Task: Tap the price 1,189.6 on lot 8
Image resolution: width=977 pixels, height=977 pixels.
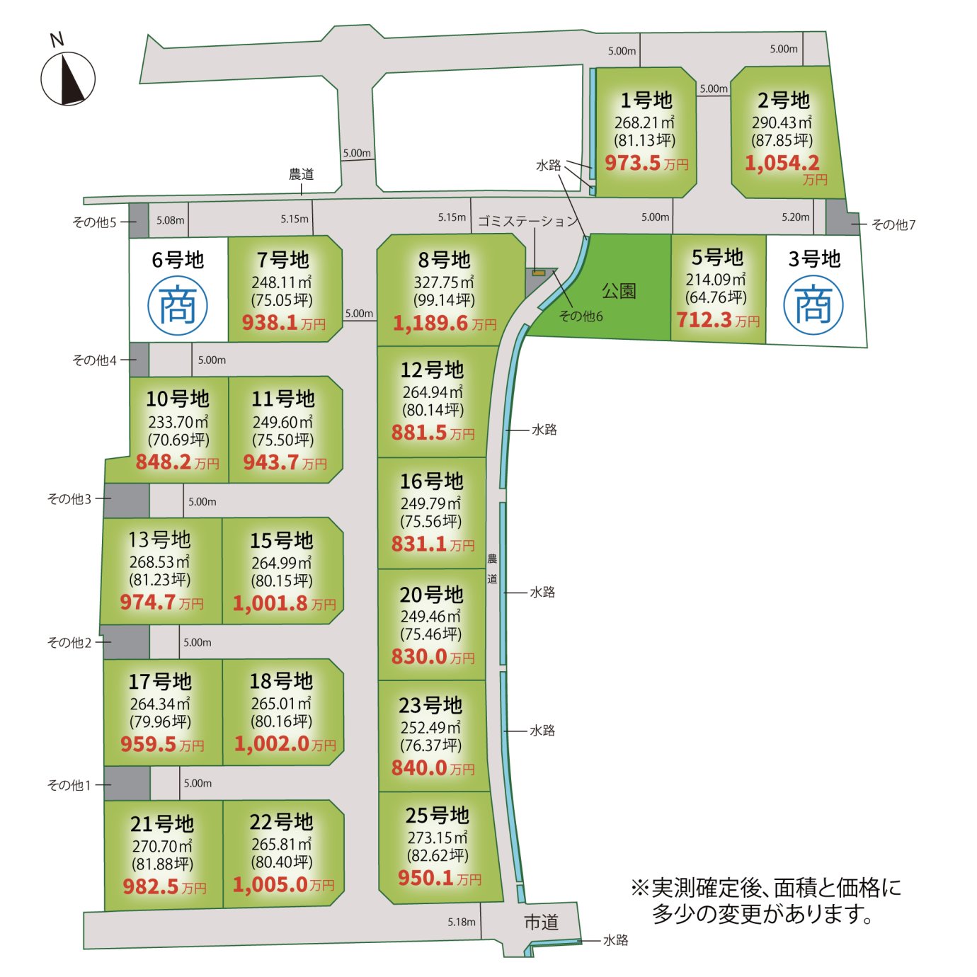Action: (430, 323)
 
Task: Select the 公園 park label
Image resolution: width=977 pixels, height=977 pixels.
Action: (619, 291)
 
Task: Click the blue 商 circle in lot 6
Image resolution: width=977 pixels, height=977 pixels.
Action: (178, 306)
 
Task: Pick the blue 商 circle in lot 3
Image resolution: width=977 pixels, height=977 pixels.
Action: (813, 304)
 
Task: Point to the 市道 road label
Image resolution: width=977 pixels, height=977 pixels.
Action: (541, 922)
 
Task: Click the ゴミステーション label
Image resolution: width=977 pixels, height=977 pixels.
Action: (528, 221)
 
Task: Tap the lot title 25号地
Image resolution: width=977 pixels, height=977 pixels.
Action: (437, 816)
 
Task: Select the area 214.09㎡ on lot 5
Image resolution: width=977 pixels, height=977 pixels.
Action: (715, 280)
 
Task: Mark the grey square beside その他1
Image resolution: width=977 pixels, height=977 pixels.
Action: (127, 783)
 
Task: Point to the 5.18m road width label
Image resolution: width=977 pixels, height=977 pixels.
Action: (462, 922)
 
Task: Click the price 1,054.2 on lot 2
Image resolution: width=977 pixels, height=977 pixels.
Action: (782, 163)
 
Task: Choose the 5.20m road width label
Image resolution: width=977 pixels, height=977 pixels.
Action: (796, 217)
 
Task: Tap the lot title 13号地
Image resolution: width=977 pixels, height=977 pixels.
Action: (159, 539)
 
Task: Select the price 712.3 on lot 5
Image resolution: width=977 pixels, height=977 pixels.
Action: (704, 320)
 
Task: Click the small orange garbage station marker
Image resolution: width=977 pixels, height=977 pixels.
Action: (539, 273)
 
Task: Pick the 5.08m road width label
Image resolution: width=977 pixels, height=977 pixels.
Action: (171, 220)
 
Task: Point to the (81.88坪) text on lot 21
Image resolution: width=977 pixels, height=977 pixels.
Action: (162, 864)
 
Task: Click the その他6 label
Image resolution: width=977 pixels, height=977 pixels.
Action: (581, 316)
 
